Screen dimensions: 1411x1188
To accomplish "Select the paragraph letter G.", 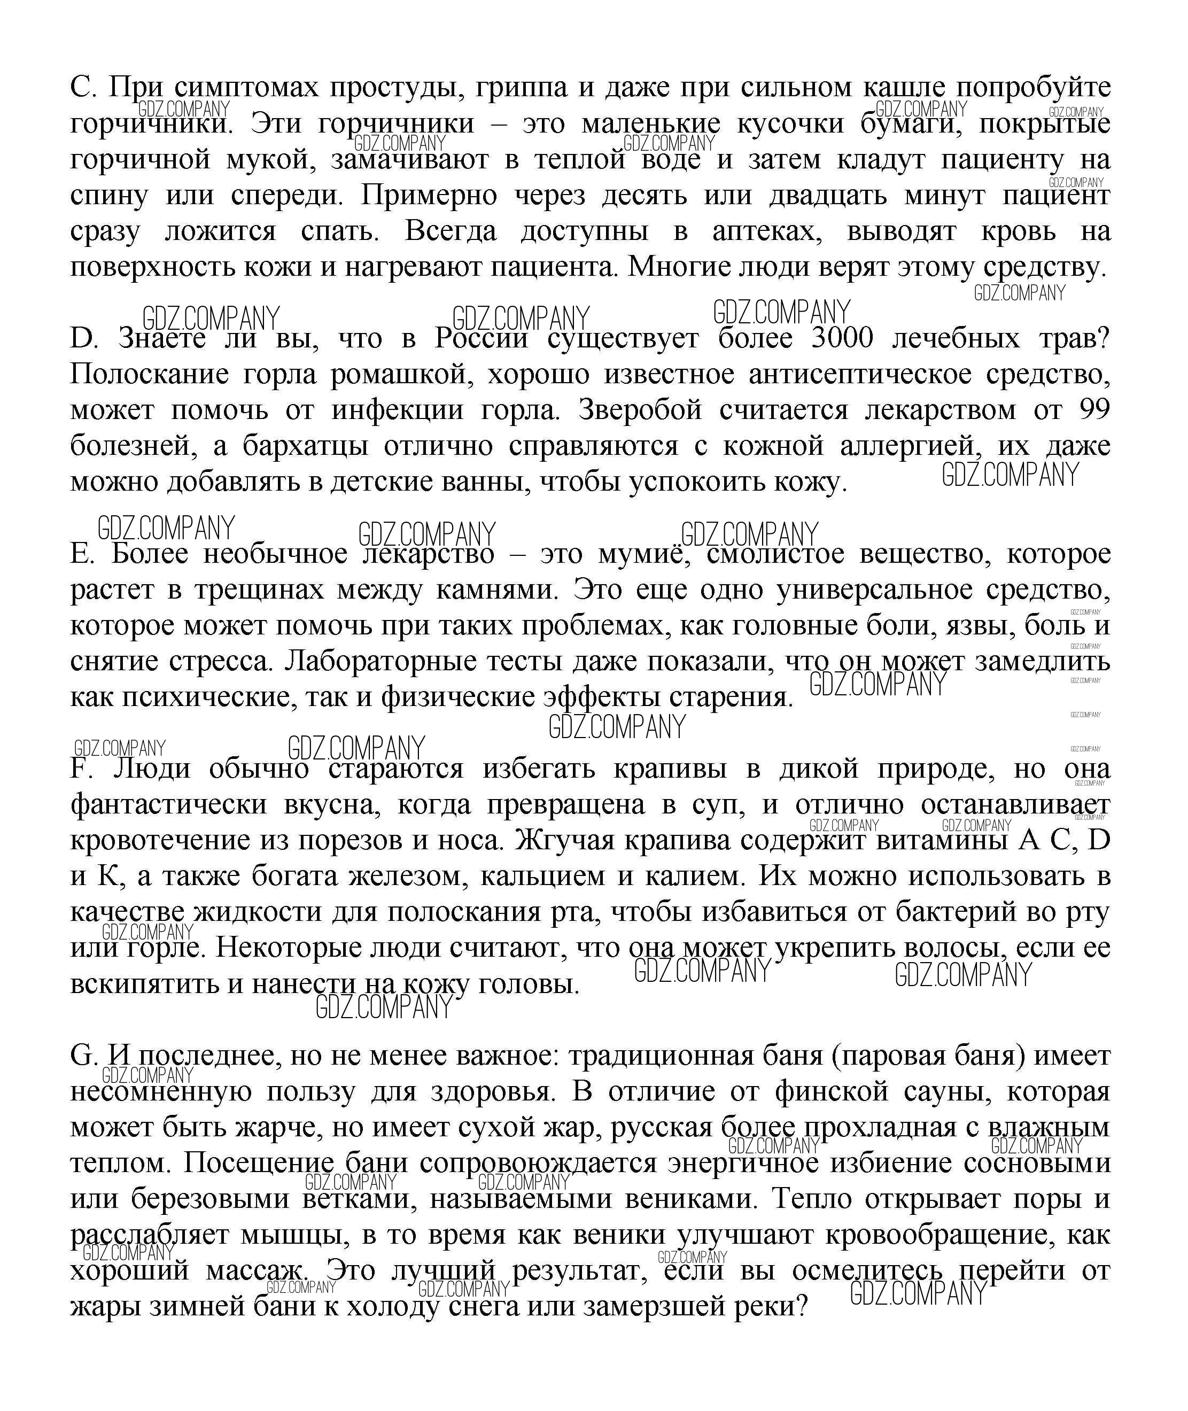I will [x=83, y=1056].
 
